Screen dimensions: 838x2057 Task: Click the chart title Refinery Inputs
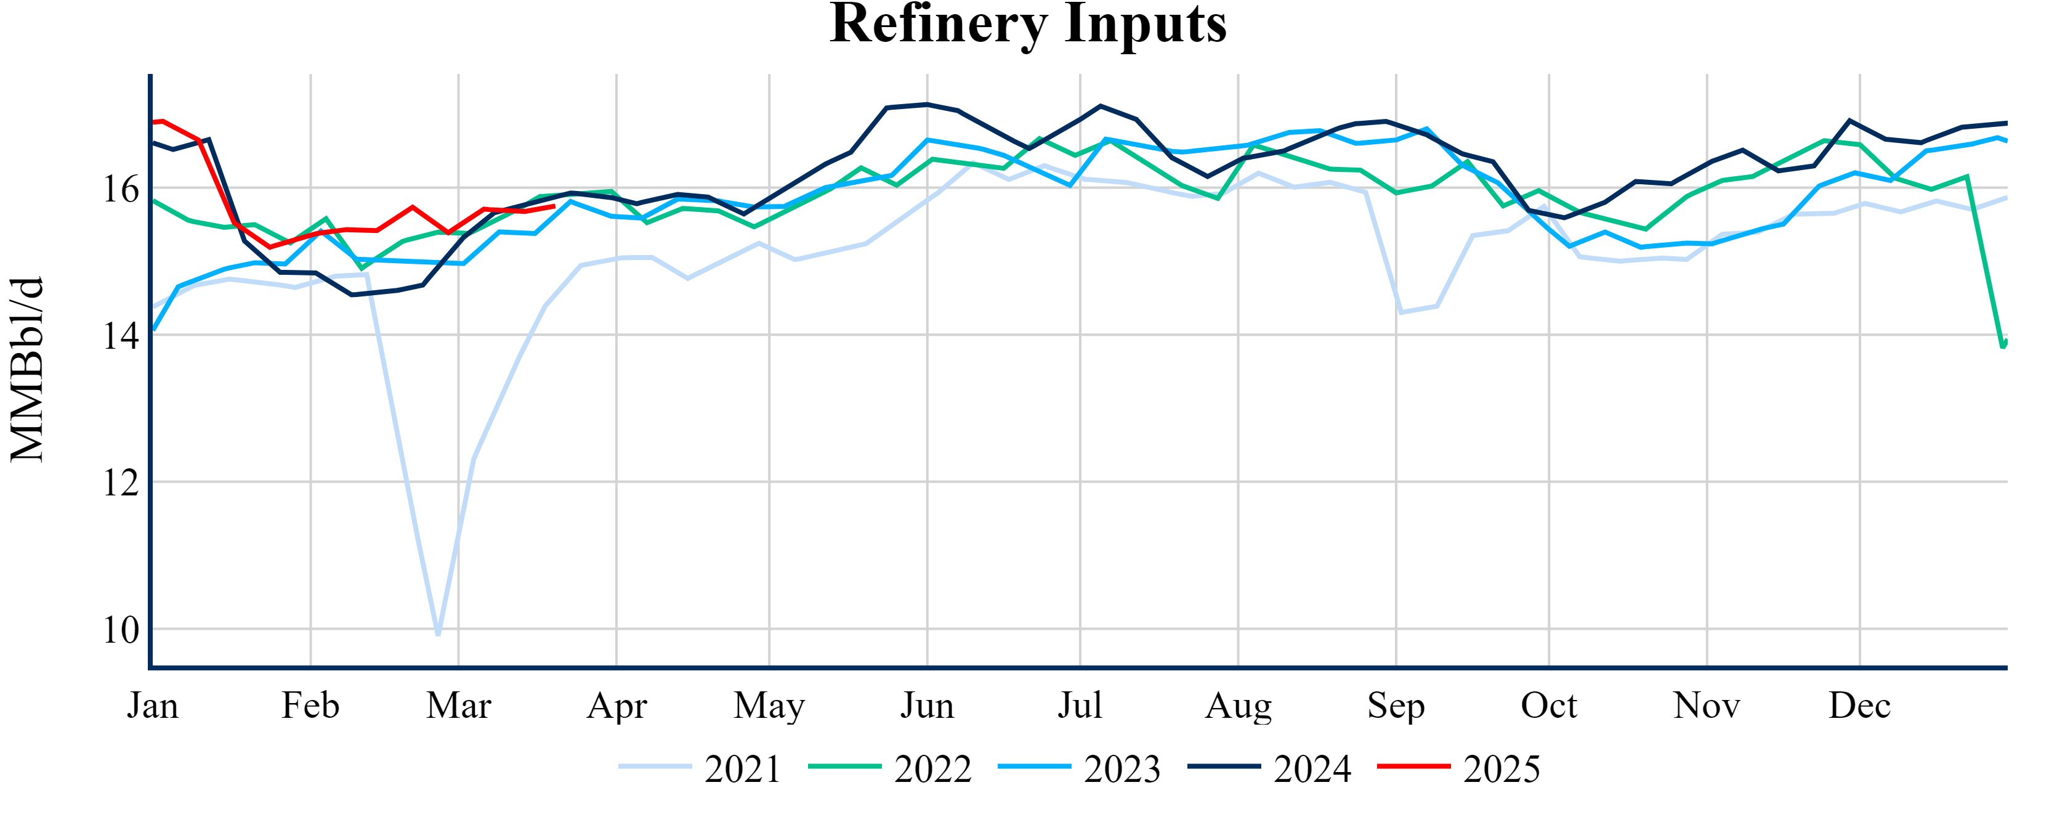click(x=1028, y=24)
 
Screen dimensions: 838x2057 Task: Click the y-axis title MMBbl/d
click(x=26, y=369)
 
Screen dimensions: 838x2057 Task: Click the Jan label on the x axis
click(x=153, y=706)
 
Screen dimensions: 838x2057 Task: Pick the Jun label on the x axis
click(x=927, y=706)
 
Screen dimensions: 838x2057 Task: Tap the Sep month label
click(x=1396, y=706)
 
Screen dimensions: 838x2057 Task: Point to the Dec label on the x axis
click(x=1860, y=706)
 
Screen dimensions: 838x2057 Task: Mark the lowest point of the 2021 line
click(x=438, y=634)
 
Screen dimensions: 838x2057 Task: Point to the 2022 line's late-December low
click(x=2002, y=346)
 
